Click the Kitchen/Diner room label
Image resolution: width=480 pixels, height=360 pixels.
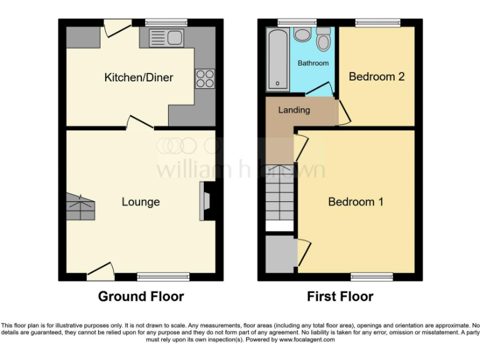139,77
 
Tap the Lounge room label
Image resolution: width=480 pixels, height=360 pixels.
141,202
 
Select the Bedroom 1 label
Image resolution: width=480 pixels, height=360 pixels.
356,202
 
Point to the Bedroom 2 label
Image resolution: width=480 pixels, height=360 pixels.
376,77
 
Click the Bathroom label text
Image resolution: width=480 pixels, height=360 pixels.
312,63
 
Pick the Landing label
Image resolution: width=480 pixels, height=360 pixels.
294,110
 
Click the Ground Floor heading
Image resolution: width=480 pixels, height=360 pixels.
141,296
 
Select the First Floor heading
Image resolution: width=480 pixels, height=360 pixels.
340,296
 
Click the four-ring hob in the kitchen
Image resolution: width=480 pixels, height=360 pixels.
205,79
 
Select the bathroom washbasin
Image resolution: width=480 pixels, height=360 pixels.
303,35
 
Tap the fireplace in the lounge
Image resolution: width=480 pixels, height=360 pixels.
206,201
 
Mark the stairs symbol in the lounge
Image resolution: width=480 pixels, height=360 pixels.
80,206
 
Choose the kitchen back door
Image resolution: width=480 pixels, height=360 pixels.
116,27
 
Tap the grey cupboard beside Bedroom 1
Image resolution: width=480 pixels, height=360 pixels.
281,253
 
